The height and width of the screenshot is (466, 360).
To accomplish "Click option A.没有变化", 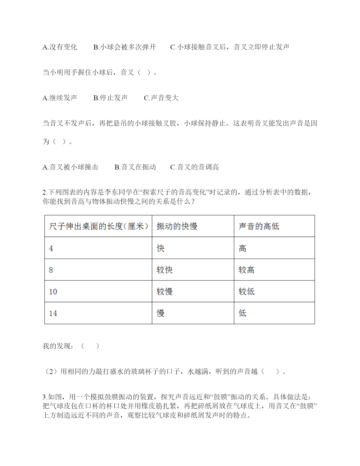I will tap(60, 47).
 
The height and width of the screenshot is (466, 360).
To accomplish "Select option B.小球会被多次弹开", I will tap(125, 47).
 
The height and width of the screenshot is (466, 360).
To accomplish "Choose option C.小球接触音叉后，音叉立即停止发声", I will tap(230, 47).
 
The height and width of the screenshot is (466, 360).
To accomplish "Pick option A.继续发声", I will tap(60, 98).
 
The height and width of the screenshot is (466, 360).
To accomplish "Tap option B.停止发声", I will tap(110, 98).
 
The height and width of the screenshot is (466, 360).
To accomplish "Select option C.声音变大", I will tap(161, 98).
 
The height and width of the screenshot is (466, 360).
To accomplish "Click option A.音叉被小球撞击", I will tap(70, 167).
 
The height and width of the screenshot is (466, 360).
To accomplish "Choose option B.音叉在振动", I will tap(135, 167).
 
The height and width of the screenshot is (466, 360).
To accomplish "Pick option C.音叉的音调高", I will tap(195, 167).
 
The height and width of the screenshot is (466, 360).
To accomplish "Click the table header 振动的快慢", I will tap(177, 226).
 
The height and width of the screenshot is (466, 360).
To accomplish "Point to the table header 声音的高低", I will tap(259, 226).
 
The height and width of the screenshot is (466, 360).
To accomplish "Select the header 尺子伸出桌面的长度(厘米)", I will tap(99, 226).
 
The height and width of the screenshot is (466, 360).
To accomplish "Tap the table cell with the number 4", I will tap(51, 248).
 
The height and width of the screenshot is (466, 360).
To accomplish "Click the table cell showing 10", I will tap(53, 291).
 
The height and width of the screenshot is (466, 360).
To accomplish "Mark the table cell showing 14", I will tap(53, 313).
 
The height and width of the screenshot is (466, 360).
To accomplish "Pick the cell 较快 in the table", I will tap(165, 270).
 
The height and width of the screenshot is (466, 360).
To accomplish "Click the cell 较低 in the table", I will tap(246, 291).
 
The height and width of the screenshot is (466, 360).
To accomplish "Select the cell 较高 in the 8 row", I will tap(246, 270).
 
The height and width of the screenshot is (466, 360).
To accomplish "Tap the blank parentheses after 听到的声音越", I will tap(270, 371).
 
